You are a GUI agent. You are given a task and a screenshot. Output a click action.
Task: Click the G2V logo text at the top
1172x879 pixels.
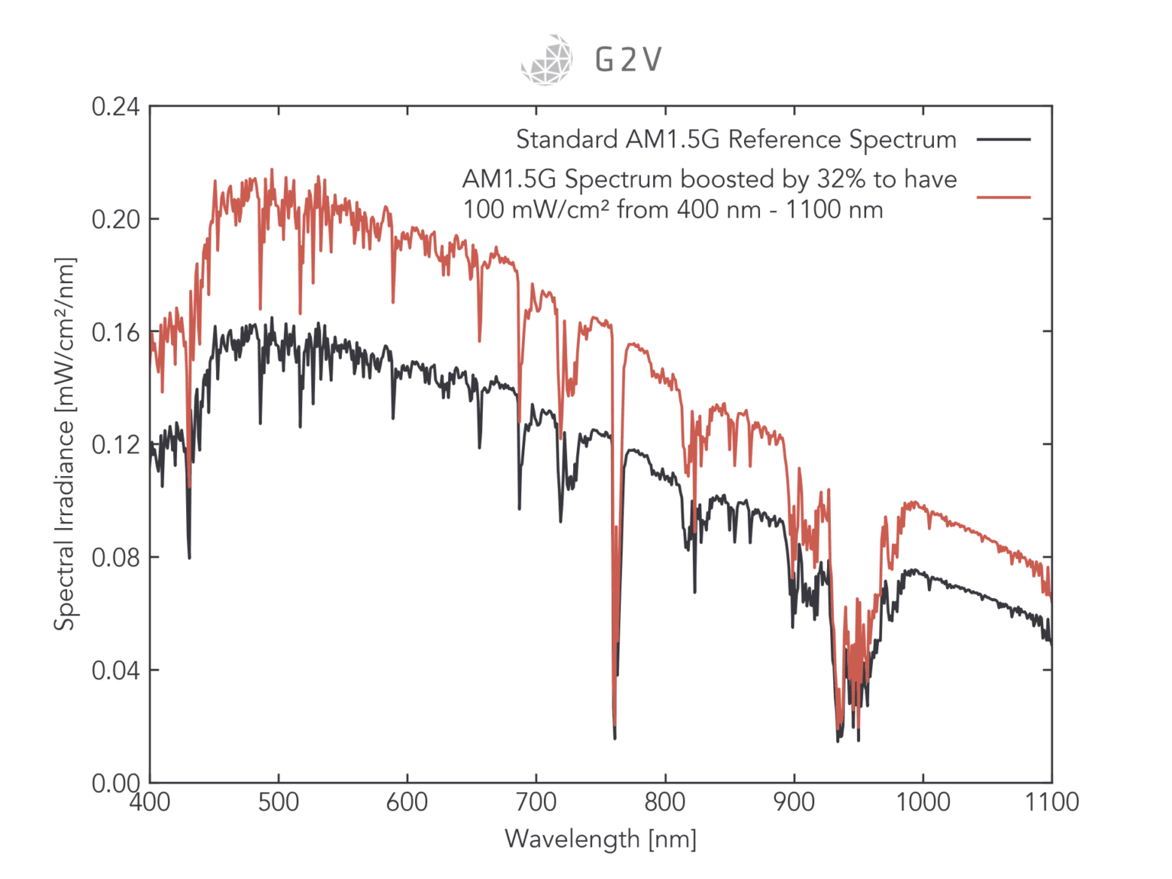(x=628, y=60)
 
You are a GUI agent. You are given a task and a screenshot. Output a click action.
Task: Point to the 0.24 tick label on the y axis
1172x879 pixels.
(x=116, y=107)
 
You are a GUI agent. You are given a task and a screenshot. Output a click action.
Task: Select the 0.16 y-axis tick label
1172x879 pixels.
(x=116, y=333)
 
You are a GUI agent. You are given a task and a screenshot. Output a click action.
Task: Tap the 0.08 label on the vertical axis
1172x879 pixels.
(x=116, y=558)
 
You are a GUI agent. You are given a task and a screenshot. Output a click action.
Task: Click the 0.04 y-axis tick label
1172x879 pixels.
(x=116, y=671)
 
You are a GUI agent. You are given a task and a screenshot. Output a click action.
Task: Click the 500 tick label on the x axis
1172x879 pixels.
(x=279, y=803)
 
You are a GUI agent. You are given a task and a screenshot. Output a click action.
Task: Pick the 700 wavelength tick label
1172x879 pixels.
(x=536, y=803)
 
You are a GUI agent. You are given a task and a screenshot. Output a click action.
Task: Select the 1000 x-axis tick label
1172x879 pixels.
(x=922, y=803)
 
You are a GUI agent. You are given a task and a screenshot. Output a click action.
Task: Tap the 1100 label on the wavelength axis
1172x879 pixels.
(x=1051, y=803)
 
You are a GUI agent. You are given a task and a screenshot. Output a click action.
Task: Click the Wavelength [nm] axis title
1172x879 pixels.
(x=600, y=839)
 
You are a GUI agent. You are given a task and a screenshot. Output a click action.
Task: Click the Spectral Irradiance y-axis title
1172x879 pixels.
(x=65, y=444)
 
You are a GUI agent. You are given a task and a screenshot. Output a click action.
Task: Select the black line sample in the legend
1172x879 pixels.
(x=1003, y=140)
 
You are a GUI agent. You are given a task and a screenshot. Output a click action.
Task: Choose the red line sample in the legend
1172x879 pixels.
(x=1003, y=198)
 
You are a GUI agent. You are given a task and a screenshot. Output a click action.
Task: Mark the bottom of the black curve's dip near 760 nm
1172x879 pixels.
(x=614, y=737)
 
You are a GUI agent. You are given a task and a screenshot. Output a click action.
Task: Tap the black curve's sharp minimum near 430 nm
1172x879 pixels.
(x=189, y=558)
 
